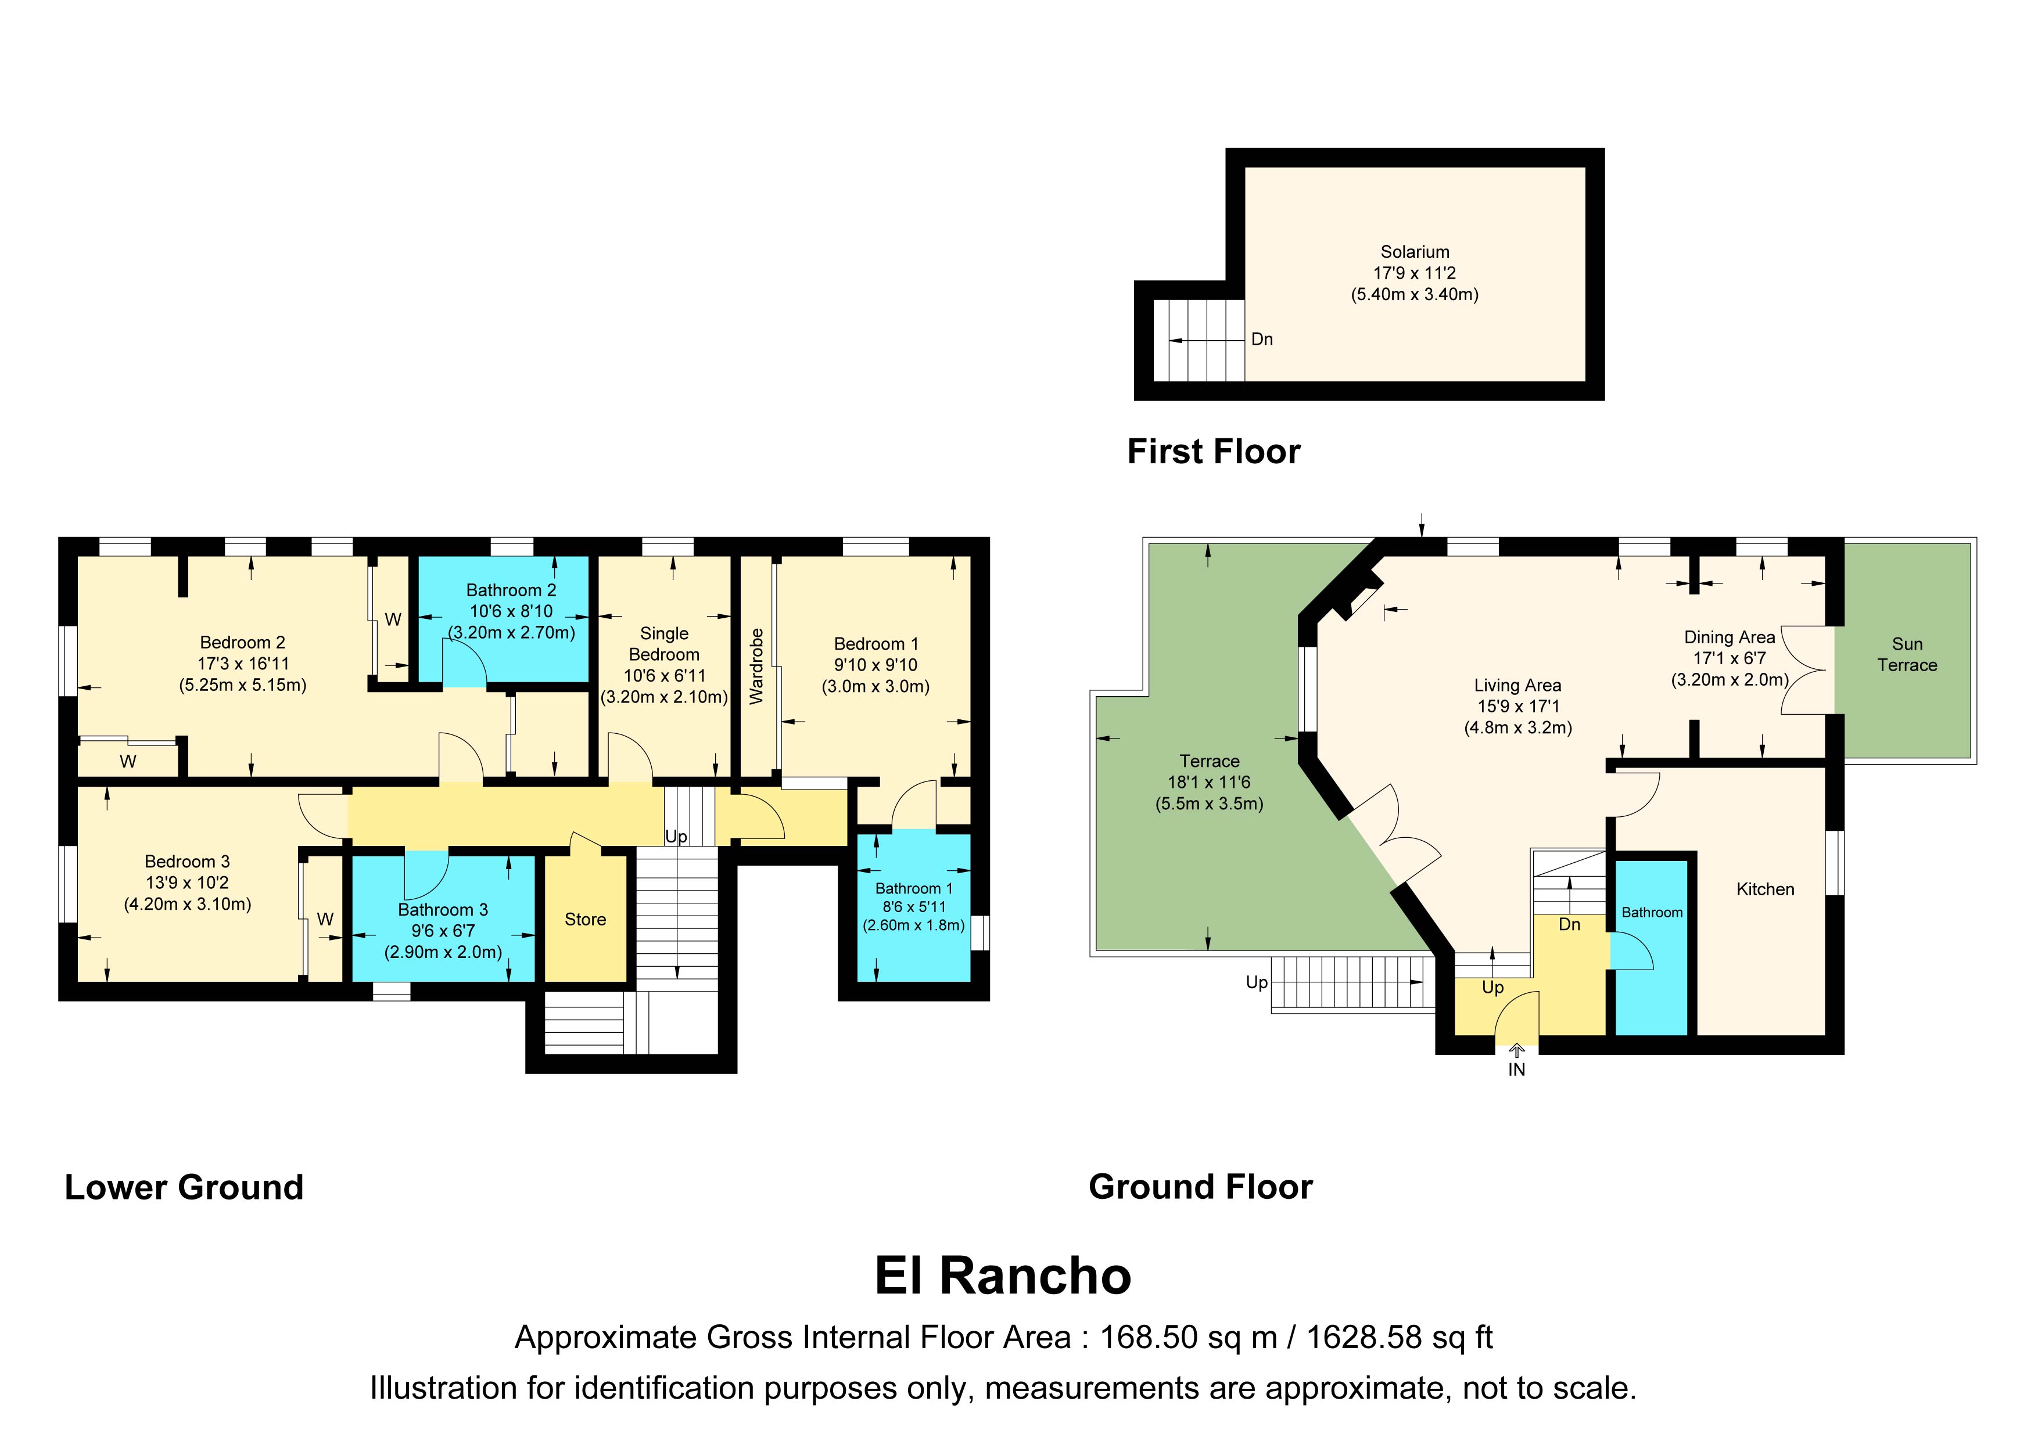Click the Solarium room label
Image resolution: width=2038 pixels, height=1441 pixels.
coord(1415,252)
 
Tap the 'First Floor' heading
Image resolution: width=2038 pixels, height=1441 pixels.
coord(1214,452)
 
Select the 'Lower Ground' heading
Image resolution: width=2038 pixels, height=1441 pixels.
coord(184,1187)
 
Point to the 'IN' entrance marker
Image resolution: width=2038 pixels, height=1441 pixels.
coord(1517,1070)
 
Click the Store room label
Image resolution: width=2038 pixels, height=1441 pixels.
coord(585,919)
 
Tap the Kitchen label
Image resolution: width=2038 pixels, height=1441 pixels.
coord(1766,889)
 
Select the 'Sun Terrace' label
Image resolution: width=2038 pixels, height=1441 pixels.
coord(1907,655)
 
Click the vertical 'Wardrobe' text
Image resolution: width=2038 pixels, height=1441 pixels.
coord(756,667)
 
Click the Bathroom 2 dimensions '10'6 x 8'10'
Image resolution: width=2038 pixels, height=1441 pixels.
coord(511,611)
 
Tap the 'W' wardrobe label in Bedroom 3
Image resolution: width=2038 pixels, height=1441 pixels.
coord(326,919)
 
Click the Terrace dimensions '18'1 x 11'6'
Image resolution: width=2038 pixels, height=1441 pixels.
coord(1209,783)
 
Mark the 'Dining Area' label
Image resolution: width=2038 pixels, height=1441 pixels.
coord(1730,637)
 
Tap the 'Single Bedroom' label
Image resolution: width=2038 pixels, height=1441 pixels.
coord(664,644)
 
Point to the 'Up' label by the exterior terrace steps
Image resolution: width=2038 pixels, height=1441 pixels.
coord(1257,983)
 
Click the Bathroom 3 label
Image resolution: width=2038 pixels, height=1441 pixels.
coord(443,910)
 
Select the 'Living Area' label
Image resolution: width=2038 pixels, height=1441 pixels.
coord(1518,685)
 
